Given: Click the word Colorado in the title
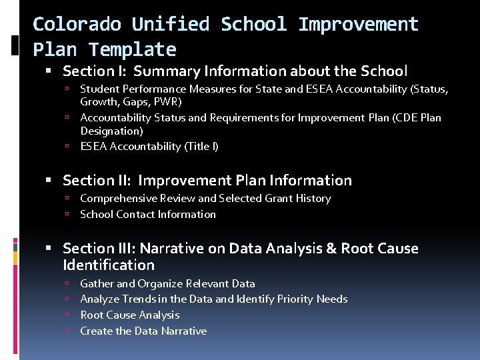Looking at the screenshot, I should coord(77,25).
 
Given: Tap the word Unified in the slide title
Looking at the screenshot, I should coord(171,25).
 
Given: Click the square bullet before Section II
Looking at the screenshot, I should coord(54,181).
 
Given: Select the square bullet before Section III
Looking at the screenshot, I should coord(54,249).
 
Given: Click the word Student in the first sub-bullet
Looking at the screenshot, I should coord(99,89).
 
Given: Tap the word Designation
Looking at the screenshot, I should coord(111,131).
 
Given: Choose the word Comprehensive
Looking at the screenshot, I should coord(118,198).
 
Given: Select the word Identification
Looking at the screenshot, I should coord(109,265).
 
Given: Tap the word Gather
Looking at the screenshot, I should coord(97,283).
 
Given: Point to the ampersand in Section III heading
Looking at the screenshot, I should coord(331,249).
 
